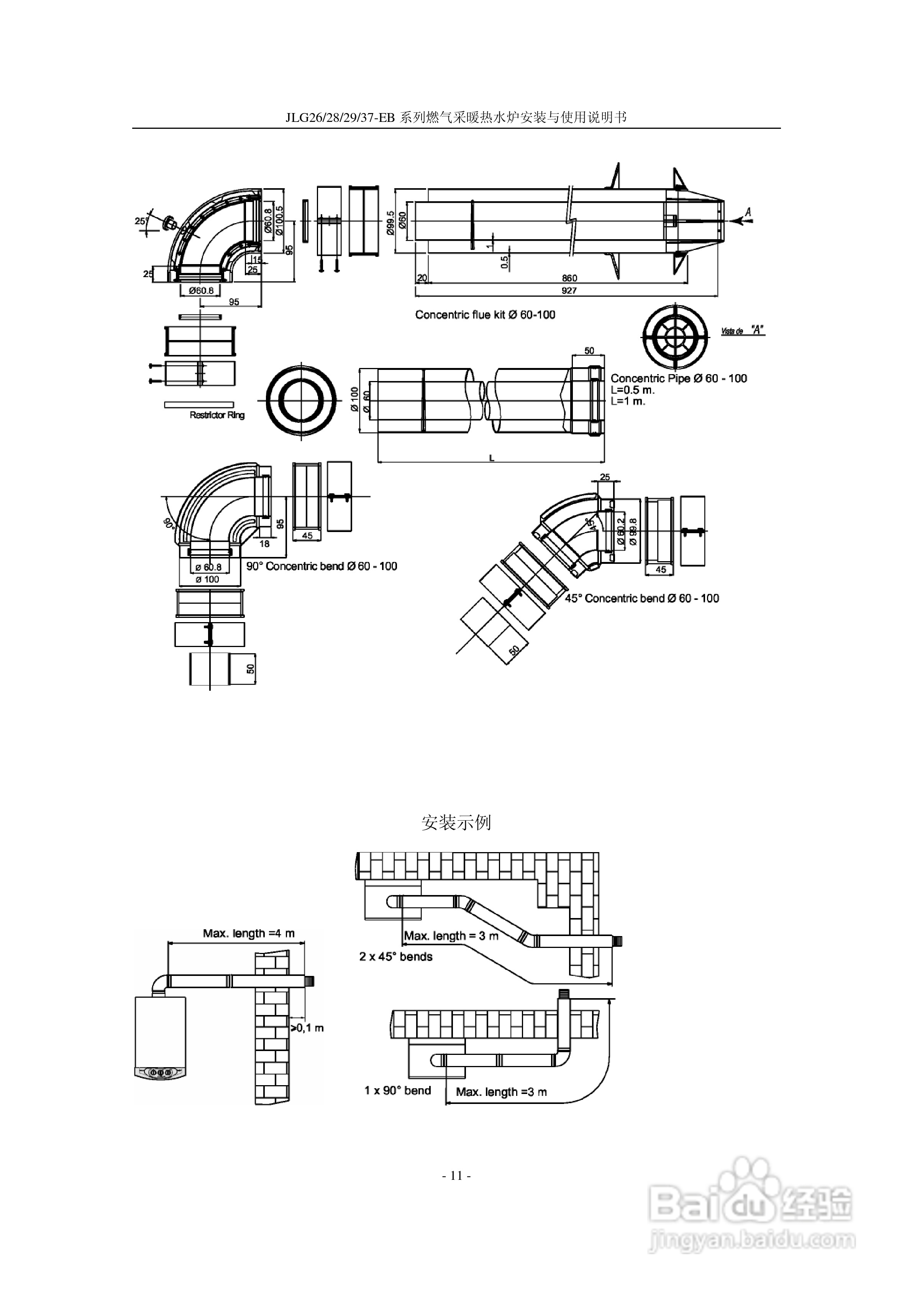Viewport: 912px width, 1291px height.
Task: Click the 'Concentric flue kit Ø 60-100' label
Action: [x=485, y=315]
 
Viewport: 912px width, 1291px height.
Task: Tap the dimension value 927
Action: [x=569, y=290]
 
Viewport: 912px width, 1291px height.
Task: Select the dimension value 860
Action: [x=569, y=278]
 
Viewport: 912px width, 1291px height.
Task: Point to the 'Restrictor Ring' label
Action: [x=217, y=415]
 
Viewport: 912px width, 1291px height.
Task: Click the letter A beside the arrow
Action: [x=748, y=212]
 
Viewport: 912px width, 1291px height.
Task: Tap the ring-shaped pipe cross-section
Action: [x=301, y=400]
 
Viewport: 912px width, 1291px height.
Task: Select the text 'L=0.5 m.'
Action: [x=633, y=390]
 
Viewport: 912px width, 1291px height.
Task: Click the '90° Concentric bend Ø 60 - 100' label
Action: [x=321, y=566]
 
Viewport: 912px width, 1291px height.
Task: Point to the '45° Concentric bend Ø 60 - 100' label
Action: [x=641, y=598]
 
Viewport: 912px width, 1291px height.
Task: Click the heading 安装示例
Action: [x=456, y=823]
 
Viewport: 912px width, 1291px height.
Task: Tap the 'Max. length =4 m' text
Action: [x=249, y=933]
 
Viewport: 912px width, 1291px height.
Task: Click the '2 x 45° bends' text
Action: [x=396, y=956]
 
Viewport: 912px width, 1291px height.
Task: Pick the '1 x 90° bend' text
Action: [x=397, y=1090]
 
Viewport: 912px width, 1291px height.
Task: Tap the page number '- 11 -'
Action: [x=456, y=1176]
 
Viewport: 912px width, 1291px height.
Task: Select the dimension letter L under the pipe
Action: [x=491, y=458]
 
